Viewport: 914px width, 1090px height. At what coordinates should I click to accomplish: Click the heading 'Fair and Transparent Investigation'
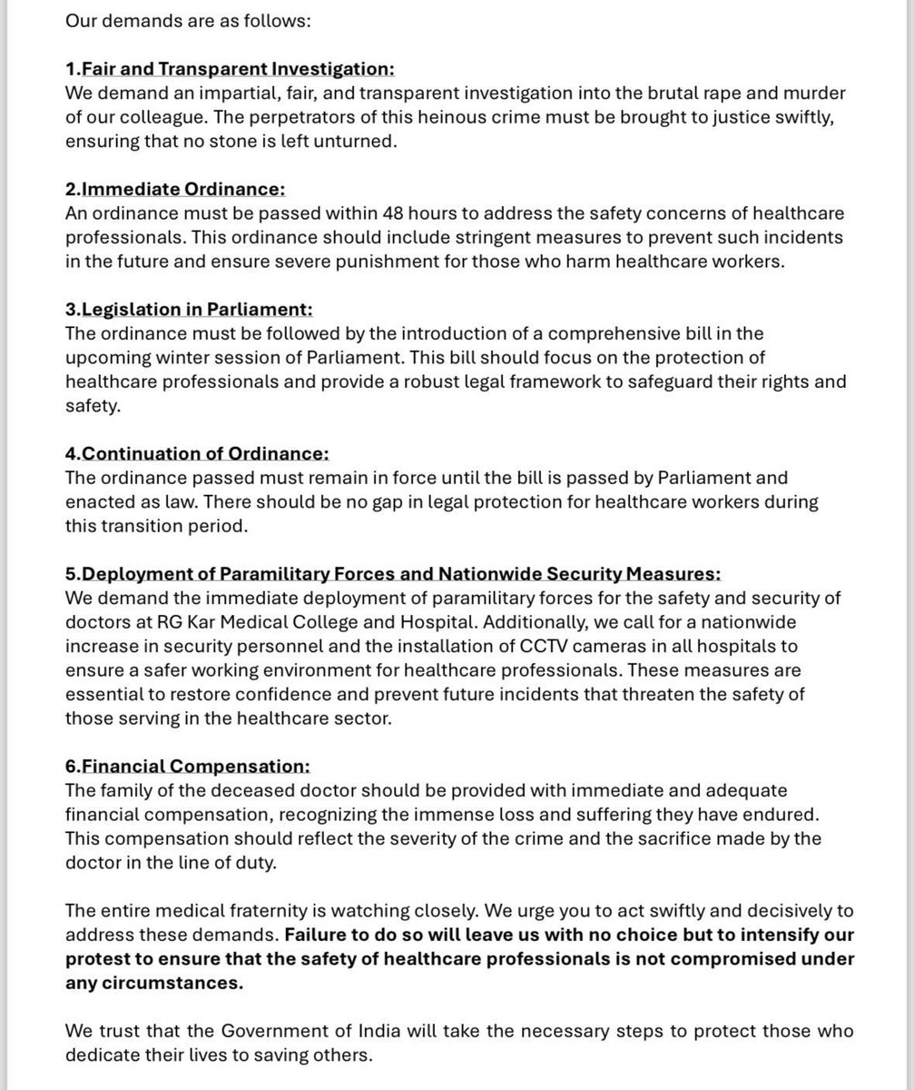238,69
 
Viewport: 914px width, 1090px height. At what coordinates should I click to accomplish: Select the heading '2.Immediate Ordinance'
175,189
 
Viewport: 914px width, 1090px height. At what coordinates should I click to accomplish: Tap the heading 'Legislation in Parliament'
189,309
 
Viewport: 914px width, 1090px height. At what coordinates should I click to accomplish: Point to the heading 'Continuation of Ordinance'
197,452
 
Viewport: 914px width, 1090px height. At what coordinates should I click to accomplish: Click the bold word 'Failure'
318,935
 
